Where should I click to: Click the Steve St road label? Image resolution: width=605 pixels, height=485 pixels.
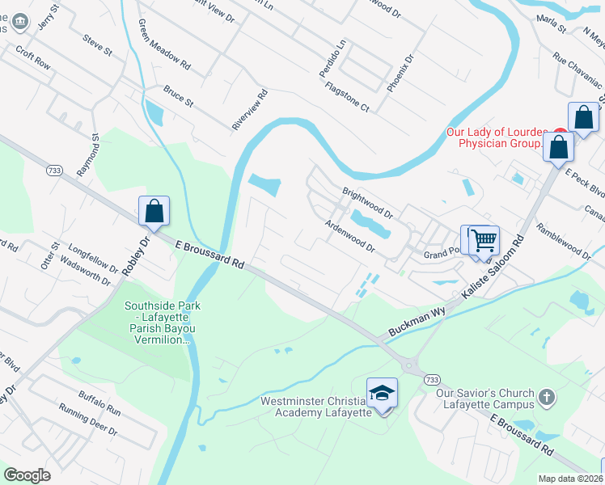point(97,44)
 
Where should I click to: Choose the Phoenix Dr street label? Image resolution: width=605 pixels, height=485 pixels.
point(400,73)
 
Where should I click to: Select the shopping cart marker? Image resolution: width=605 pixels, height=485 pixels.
point(484,239)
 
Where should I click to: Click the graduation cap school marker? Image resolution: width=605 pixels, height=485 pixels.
point(382,393)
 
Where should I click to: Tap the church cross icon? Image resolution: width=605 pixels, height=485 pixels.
point(547,398)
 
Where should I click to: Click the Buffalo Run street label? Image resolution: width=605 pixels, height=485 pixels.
point(99,403)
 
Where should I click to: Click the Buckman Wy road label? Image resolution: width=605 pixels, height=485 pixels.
point(417,322)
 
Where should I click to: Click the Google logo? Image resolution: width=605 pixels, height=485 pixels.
point(27,475)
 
